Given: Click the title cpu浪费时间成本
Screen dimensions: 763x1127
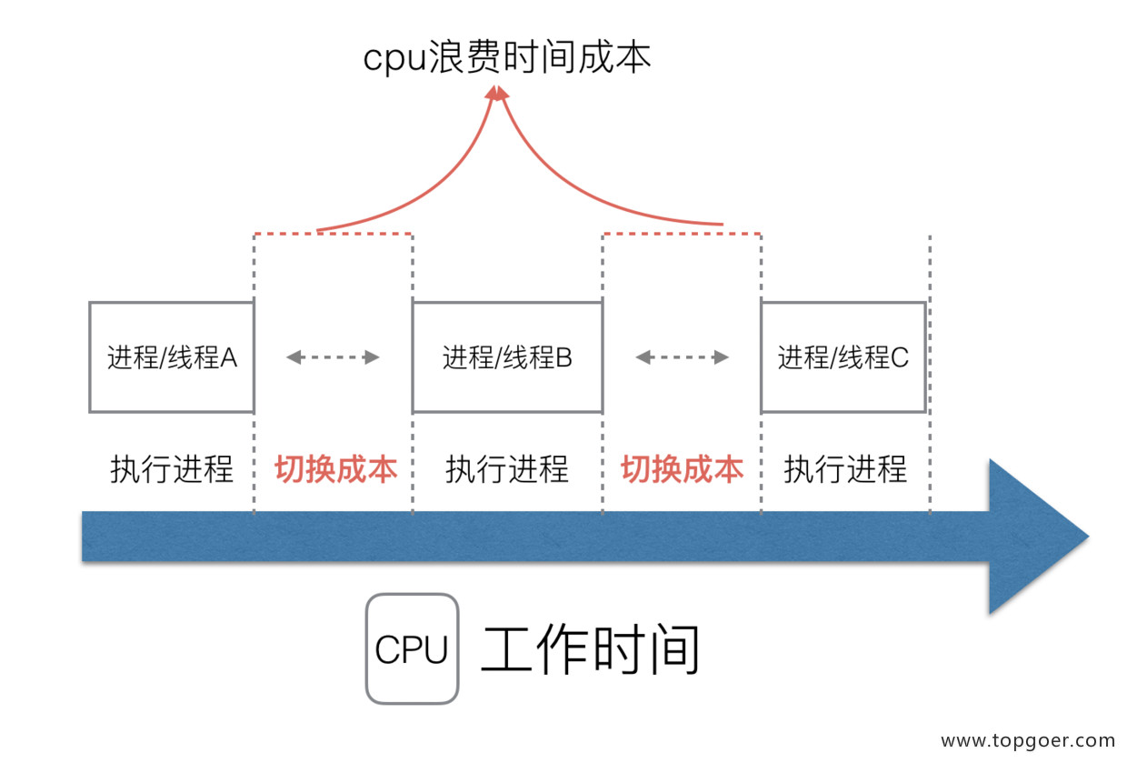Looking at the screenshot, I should click(x=507, y=58).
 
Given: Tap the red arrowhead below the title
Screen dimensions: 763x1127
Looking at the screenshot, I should click(x=496, y=93).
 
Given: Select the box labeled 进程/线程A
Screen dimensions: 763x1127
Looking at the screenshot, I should click(x=172, y=357).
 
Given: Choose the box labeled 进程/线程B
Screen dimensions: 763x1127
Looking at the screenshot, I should click(x=507, y=357).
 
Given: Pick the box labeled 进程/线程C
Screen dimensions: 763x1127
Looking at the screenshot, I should click(x=843, y=357).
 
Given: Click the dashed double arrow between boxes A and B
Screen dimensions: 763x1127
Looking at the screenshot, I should click(x=333, y=357).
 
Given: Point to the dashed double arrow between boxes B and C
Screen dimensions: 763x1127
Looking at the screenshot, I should click(x=682, y=357).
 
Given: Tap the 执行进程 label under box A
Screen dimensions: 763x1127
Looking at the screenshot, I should click(x=172, y=469).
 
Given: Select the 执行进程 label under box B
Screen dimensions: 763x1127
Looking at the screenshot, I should click(x=507, y=469).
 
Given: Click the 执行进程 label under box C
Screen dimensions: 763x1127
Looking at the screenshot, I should click(x=845, y=469).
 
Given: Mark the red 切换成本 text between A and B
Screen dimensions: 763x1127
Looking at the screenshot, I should click(x=335, y=469).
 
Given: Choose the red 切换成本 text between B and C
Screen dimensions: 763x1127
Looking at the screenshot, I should click(x=682, y=469).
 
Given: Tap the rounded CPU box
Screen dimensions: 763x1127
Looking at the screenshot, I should click(x=412, y=649).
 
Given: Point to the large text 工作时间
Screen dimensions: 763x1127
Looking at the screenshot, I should click(x=590, y=649).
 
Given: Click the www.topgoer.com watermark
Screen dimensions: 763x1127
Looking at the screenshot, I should click(x=1027, y=741).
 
